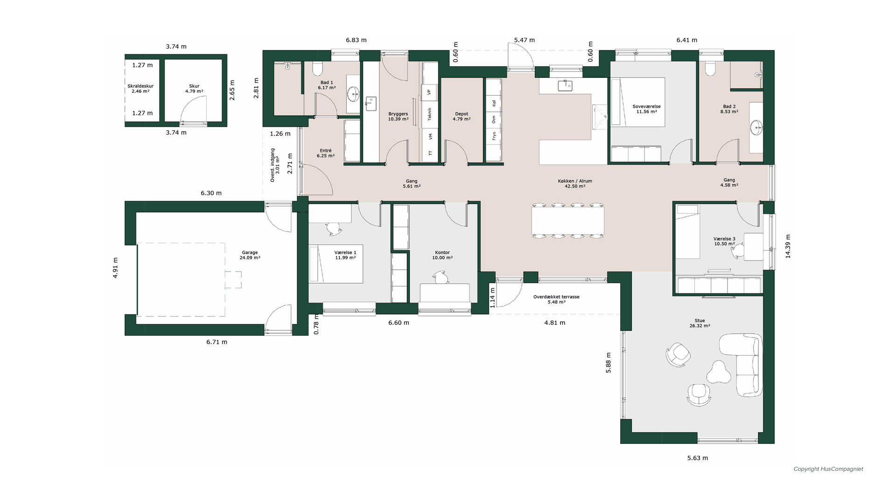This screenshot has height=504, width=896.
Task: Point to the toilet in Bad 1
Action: pos(318,69)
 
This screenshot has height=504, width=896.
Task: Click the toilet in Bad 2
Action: pos(711,69)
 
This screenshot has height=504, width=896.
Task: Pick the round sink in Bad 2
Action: pos(756,126)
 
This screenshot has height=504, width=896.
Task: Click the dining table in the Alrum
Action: pos(568,221)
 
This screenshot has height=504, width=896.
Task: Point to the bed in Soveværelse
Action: pos(638,102)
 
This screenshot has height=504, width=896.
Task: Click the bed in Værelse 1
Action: pos(336,264)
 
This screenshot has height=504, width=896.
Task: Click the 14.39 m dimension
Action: pos(788,246)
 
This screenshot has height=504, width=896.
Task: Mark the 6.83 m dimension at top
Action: pos(356,40)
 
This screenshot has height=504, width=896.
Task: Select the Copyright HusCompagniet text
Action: pos(828,469)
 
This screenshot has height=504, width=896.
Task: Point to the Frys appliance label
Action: pos(494,136)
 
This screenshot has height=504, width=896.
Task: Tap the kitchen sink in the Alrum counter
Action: pos(565,85)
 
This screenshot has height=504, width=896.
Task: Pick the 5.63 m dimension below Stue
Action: pos(697,458)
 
